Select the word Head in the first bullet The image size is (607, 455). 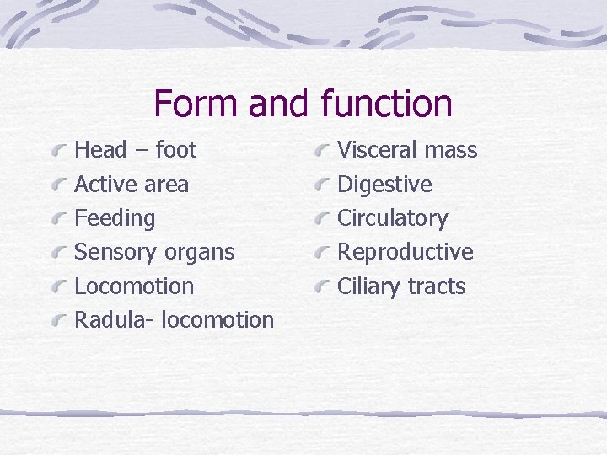tap(100, 150)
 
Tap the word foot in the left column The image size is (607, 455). tap(176, 150)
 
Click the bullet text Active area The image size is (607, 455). tap(132, 185)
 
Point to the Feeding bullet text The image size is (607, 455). tap(115, 218)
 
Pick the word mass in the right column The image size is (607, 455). tap(450, 150)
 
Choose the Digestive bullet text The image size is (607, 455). tap(384, 185)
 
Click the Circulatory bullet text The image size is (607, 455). tap(392, 218)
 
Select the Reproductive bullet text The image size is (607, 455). tap(405, 252)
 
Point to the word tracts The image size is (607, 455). tap(436, 286)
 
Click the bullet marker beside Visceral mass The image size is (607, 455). tap(321, 152)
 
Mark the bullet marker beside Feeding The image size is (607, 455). tap(59, 220)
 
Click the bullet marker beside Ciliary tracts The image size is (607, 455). tap(321, 288)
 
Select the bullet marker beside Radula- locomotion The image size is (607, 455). tap(59, 322)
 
